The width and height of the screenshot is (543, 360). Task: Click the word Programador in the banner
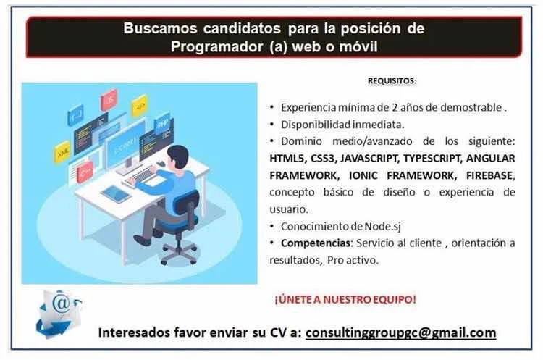click(x=216, y=46)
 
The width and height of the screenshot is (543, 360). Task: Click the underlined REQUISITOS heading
click(x=391, y=80)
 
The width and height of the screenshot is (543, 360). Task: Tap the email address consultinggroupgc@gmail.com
click(x=400, y=332)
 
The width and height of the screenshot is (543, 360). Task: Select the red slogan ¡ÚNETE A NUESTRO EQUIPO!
click(x=345, y=299)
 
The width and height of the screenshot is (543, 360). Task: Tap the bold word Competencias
click(x=316, y=243)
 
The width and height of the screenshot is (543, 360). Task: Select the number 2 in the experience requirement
click(x=395, y=107)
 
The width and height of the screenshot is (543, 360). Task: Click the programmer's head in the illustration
click(x=177, y=156)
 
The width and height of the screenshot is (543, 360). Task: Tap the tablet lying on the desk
click(x=115, y=194)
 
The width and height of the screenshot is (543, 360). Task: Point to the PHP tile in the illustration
click(x=162, y=123)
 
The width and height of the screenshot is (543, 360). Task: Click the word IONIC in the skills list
click(x=363, y=175)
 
